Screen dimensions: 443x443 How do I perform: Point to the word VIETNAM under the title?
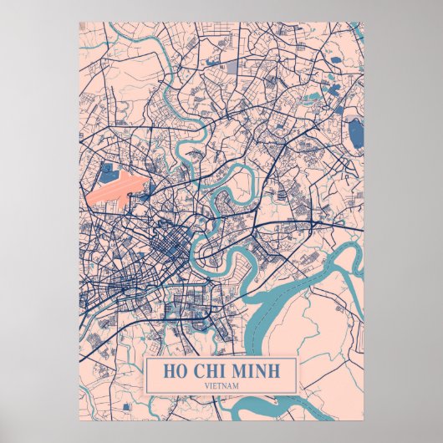(221, 385)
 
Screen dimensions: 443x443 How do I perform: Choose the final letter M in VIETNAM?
(237, 385)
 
